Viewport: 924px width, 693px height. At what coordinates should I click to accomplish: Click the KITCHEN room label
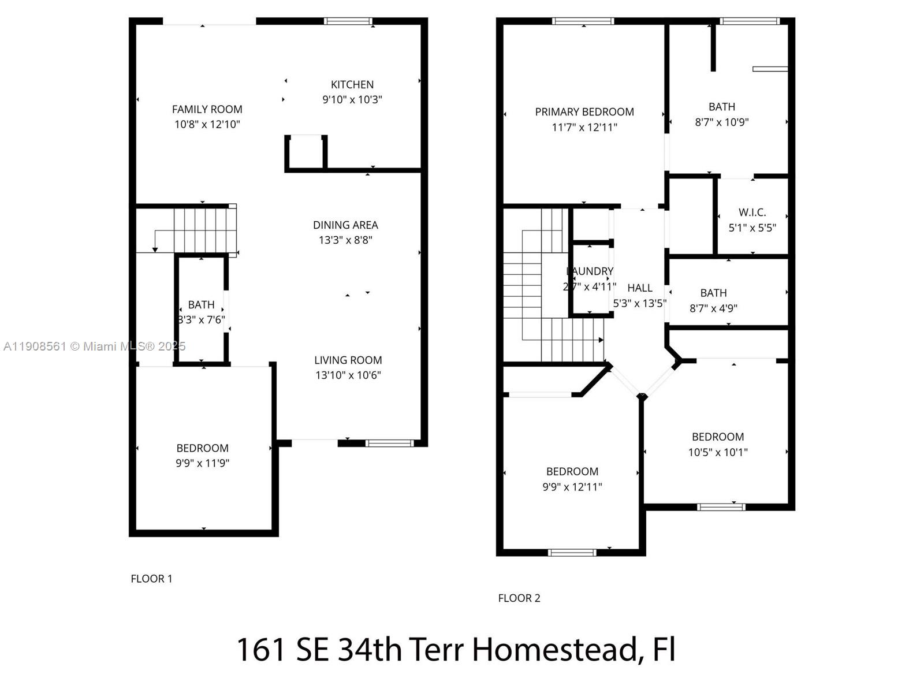[x=352, y=84]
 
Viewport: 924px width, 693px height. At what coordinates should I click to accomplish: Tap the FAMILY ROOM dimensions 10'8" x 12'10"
[x=207, y=124]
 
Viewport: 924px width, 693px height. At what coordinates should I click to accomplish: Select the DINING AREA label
[x=345, y=225]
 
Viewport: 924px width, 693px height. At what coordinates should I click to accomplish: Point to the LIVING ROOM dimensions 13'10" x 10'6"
[x=348, y=375]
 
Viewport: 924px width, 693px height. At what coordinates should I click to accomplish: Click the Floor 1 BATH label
[x=201, y=304]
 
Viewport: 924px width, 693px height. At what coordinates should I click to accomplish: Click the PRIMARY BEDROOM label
[x=584, y=111]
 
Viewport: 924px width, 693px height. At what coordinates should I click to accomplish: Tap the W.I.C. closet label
[x=752, y=213]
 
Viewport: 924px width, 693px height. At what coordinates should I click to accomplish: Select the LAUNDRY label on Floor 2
[x=590, y=271]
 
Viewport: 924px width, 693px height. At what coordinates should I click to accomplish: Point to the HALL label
[x=639, y=288]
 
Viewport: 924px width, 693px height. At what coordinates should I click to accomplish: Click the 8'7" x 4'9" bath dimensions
[x=713, y=308]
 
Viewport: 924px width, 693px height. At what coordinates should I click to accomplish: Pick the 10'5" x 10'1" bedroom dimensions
[x=717, y=452]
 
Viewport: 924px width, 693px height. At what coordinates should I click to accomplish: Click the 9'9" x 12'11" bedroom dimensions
[x=572, y=487]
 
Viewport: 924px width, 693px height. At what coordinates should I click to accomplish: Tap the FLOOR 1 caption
[x=151, y=578]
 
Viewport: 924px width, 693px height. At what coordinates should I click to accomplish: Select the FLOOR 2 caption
[x=519, y=598]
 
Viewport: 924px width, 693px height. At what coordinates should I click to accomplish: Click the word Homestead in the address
[x=554, y=649]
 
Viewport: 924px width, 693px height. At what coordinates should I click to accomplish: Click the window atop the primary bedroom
[x=583, y=21]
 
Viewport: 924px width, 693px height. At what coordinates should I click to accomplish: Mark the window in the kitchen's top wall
[x=348, y=21]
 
